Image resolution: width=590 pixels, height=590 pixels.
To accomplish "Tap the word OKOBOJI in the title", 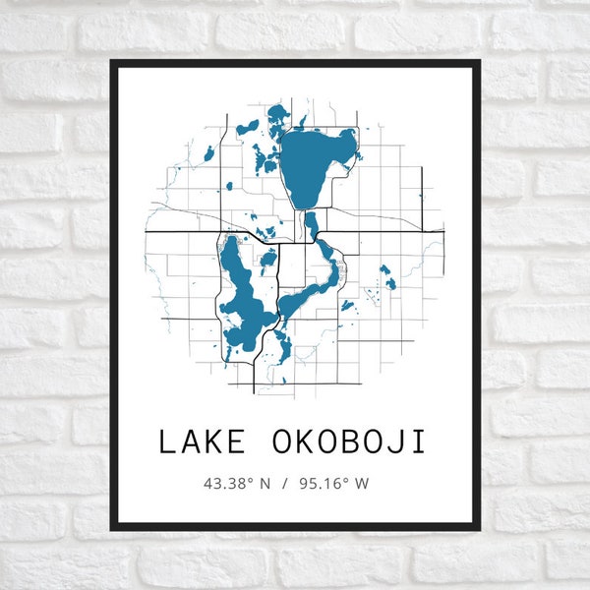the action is (x=347, y=442).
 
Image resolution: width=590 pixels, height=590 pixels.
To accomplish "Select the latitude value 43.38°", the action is (x=228, y=484).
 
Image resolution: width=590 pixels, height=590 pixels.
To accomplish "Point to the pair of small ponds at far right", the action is (x=387, y=277).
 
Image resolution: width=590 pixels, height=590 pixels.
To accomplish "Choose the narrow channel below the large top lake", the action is (x=311, y=225).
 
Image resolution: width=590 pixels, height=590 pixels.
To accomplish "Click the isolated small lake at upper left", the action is (x=207, y=154).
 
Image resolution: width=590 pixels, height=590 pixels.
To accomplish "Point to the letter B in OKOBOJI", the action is (x=347, y=442).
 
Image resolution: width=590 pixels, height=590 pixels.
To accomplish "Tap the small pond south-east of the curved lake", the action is (x=345, y=306).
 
